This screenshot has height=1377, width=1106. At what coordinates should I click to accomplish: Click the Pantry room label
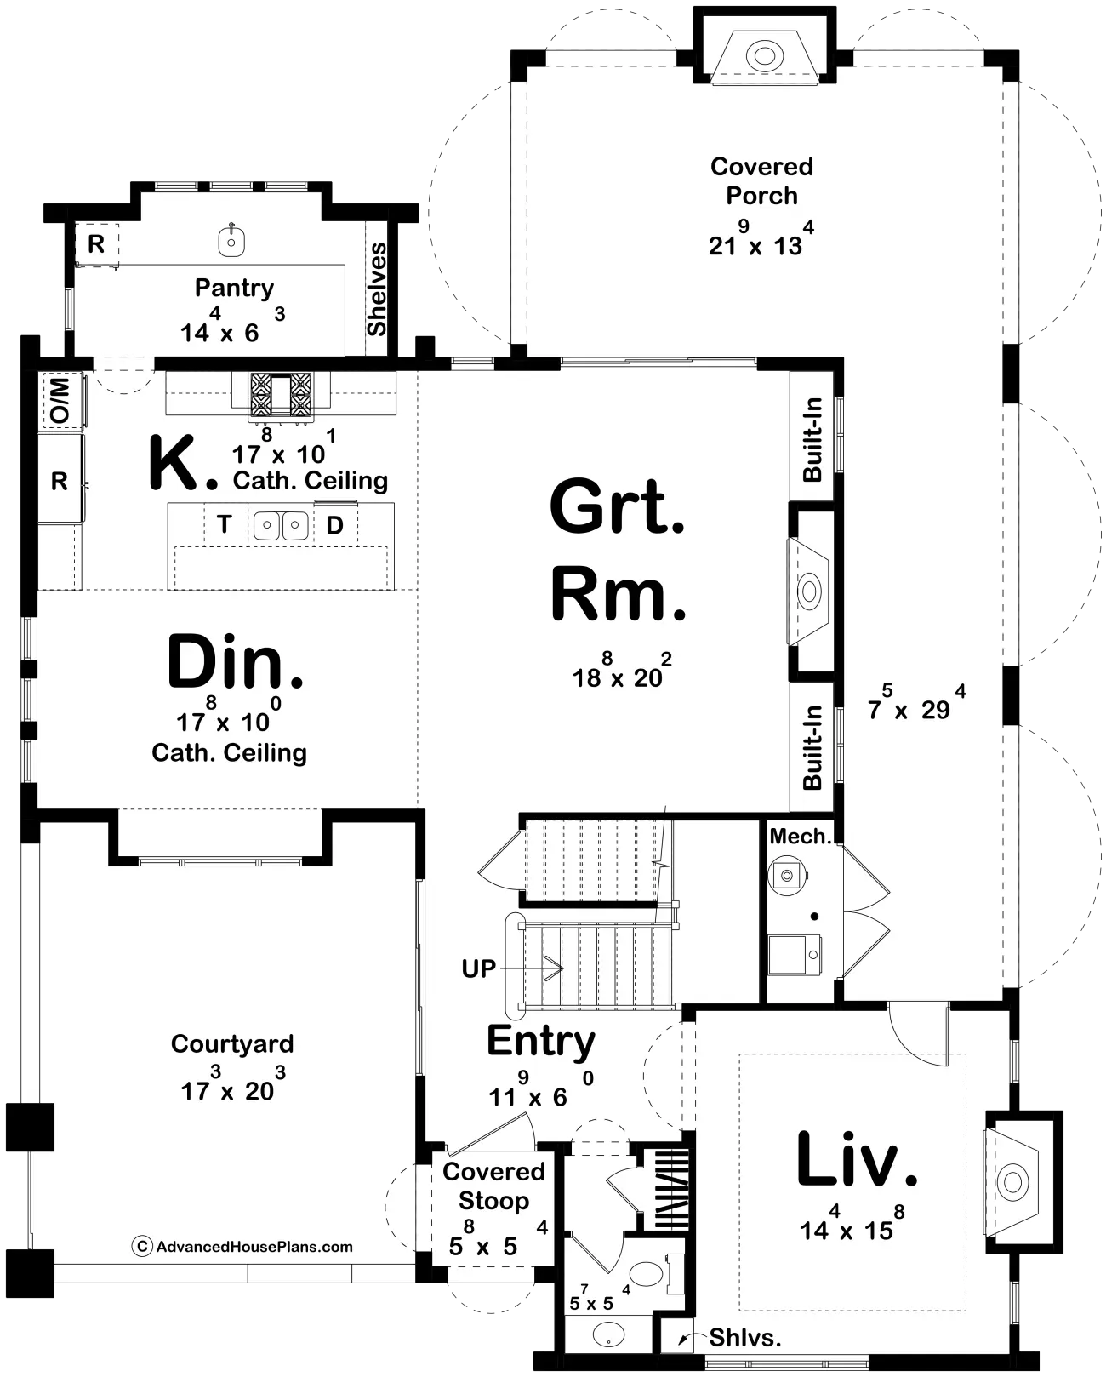(x=234, y=289)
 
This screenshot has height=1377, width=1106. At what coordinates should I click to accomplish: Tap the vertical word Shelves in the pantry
(x=377, y=289)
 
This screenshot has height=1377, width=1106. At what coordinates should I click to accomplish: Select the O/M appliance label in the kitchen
(x=60, y=400)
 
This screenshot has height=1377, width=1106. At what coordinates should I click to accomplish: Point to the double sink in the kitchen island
(x=282, y=525)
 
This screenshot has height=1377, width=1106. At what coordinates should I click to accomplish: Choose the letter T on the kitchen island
(x=224, y=525)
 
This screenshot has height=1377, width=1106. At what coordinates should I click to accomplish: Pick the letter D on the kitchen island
(x=334, y=525)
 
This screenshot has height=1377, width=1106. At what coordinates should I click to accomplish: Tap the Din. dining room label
(x=235, y=661)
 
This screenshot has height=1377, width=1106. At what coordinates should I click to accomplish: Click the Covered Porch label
(x=761, y=181)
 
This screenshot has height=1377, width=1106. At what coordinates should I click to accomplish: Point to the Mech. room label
(x=800, y=836)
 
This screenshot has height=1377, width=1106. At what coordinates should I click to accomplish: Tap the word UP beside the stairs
(x=478, y=968)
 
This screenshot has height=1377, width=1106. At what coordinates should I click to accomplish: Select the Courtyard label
(x=232, y=1043)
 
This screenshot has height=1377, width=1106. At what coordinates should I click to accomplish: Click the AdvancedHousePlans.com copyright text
(x=242, y=1247)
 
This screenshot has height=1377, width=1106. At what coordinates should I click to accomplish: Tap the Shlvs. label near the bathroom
(x=745, y=1337)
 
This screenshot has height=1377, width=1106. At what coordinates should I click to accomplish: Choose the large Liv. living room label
(x=858, y=1159)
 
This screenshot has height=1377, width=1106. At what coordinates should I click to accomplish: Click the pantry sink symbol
(x=231, y=241)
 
